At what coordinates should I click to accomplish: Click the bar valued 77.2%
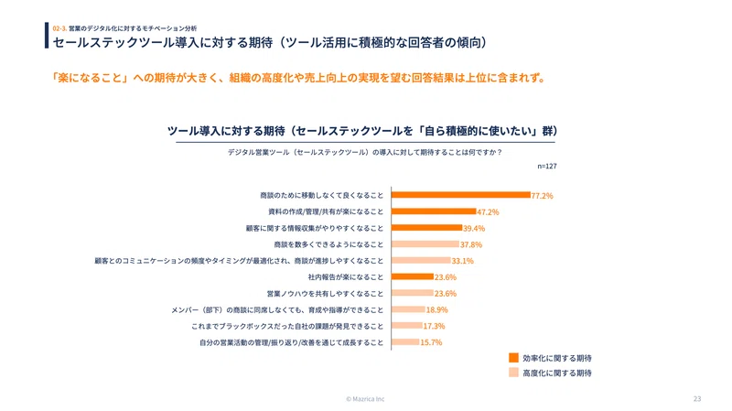tap(461, 195)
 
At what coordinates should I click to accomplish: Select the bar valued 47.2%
tap(434, 211)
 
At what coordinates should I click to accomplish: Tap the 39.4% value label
tap(474, 229)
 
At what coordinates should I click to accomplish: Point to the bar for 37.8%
tap(425, 243)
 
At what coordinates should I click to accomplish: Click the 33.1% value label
tap(462, 261)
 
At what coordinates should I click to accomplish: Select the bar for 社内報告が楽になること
tap(413, 276)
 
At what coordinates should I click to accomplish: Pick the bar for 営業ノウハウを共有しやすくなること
tap(413, 293)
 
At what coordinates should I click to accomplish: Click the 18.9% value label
tap(437, 310)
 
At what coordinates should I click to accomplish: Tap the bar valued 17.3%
tap(407, 326)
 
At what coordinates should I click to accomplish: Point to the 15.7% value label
tap(431, 343)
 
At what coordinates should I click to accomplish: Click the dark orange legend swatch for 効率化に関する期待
tap(513, 358)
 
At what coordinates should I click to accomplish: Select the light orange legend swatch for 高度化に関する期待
tap(513, 373)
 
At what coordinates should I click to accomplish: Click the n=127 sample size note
tap(547, 166)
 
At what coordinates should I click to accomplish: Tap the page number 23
tap(697, 399)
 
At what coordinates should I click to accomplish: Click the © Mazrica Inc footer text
tap(365, 399)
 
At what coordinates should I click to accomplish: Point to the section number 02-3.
tap(59, 28)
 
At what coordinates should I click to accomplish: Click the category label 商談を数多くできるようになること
tap(328, 244)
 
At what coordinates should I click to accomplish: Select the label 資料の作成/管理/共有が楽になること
tap(326, 211)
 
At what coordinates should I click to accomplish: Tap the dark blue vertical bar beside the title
tap(47, 35)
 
